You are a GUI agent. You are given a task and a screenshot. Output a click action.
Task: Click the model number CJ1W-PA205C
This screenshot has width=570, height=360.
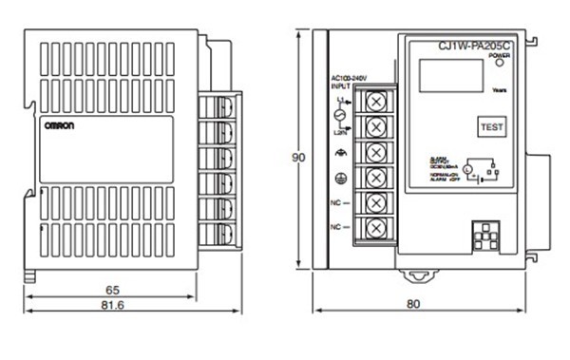point(474,44)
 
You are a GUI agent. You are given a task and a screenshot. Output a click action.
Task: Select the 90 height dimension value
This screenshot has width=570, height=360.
point(299,158)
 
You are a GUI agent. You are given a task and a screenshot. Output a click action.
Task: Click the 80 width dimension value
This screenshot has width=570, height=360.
point(412,305)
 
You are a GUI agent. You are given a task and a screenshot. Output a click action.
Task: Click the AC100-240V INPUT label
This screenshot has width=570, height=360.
point(346,82)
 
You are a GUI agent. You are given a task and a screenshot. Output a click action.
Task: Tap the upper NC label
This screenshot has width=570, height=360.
point(337,202)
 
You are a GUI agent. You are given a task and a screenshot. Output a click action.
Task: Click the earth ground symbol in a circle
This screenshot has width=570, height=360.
point(341,177)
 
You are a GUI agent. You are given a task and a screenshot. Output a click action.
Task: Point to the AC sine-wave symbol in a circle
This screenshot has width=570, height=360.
point(338,114)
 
